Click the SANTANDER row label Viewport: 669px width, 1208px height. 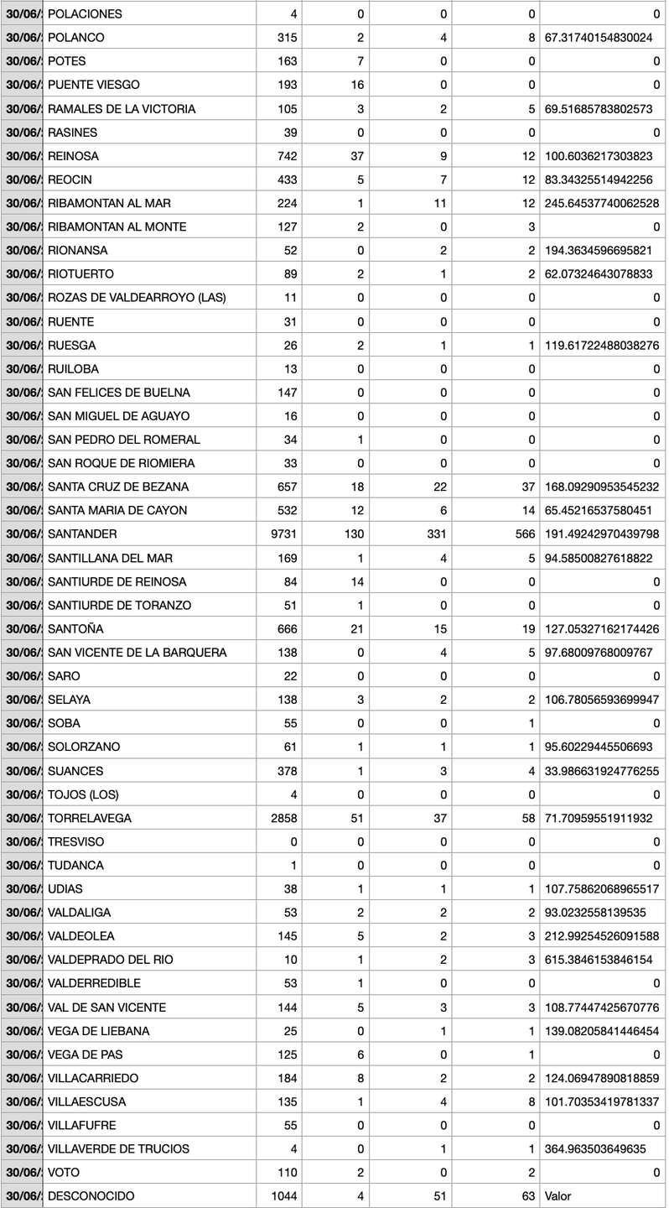pyautogui.click(x=82, y=534)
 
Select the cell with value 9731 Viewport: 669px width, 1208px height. pyautogui.click(x=283, y=534)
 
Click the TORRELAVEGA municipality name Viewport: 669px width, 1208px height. pyautogui.click(x=90, y=818)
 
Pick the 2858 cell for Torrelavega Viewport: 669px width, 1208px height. pyautogui.click(x=283, y=818)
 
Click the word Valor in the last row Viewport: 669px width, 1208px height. pyautogui.click(x=557, y=1195)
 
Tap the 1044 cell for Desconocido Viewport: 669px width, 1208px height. pyautogui.click(x=283, y=1195)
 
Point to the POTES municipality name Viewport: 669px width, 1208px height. pyautogui.click(x=67, y=61)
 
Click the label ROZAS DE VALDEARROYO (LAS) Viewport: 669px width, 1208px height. pyautogui.click(x=137, y=298)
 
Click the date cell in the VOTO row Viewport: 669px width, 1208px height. pyautogui.click(x=22, y=1172)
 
